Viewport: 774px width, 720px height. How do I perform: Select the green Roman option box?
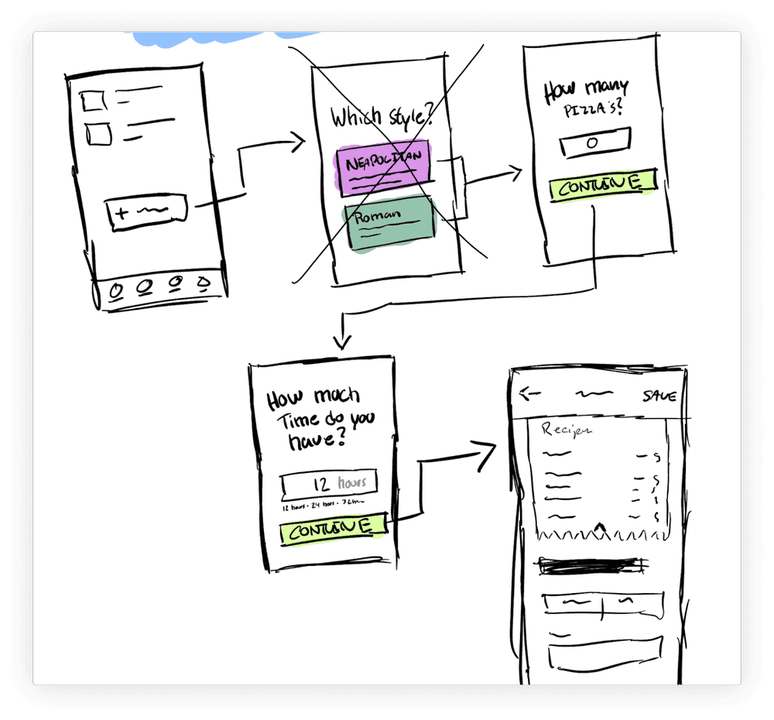(x=390, y=223)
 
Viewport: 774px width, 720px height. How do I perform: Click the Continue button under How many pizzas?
(x=601, y=186)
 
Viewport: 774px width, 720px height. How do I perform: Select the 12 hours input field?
(x=330, y=485)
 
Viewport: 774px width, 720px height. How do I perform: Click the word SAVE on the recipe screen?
(x=659, y=396)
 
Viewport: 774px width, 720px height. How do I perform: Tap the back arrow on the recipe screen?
(x=530, y=393)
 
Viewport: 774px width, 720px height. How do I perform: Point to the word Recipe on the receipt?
(x=568, y=429)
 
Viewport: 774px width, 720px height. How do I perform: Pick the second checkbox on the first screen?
(x=99, y=133)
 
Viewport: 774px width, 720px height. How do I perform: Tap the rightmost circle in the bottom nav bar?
(x=204, y=283)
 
